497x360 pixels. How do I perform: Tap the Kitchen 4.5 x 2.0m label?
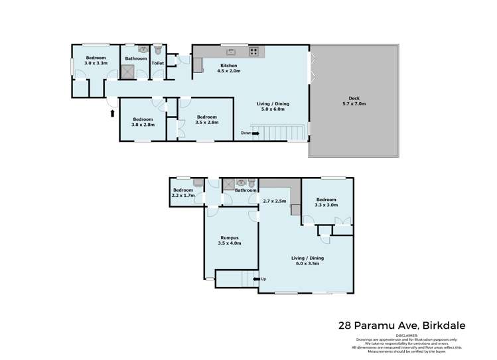(230, 68)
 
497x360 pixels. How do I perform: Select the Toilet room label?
(157, 63)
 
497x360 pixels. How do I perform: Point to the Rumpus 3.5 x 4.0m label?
(229, 241)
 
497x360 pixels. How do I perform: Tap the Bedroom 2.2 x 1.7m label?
(182, 193)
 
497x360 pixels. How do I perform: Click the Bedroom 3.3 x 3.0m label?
(326, 203)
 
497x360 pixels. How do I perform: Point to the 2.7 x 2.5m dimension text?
(274, 201)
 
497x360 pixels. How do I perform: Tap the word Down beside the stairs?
(247, 133)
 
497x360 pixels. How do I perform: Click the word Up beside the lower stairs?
(263, 278)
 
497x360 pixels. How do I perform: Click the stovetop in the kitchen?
(253, 51)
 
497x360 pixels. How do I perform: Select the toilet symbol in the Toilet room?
(158, 50)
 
